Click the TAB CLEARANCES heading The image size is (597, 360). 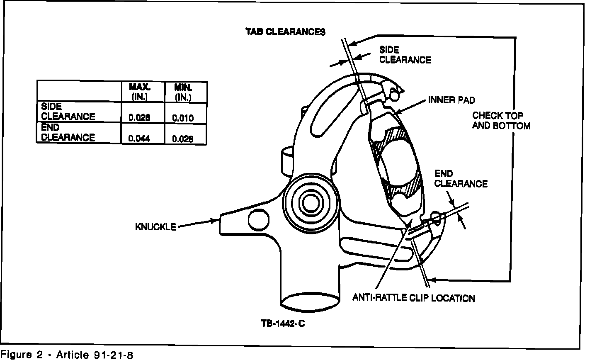pos(285,32)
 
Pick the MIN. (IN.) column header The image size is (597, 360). pos(183,92)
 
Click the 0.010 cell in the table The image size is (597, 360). pos(183,118)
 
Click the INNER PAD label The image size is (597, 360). pos(451,100)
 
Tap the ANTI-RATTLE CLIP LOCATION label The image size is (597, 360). pos(413,298)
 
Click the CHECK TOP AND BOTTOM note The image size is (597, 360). pos(501,120)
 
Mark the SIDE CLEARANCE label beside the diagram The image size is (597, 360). pos(405,55)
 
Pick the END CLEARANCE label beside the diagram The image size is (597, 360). pos(460,178)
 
